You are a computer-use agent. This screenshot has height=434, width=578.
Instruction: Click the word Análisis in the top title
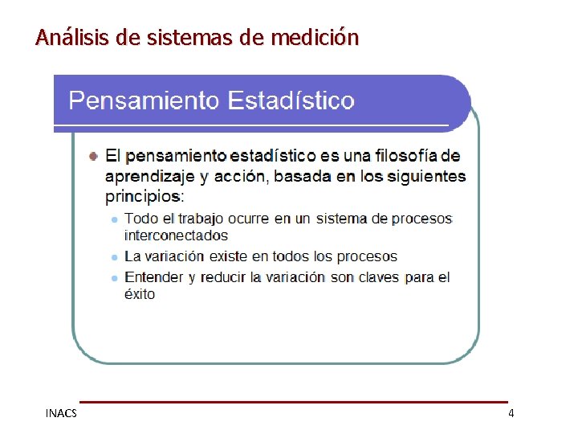pos(65,37)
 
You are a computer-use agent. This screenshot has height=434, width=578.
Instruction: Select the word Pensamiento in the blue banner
pos(144,100)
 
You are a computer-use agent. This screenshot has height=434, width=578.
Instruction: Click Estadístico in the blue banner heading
pos(291,100)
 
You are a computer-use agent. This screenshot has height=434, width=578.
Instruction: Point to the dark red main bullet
pos(94,154)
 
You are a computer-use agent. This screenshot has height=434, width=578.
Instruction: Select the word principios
pos(143,196)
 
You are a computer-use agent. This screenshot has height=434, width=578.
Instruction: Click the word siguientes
pos(424,176)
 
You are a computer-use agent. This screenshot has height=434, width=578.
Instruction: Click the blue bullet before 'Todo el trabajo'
pos(116,219)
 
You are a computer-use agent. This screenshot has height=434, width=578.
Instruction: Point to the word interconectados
pos(176,235)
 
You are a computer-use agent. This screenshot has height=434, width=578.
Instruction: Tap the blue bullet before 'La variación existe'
pos(116,257)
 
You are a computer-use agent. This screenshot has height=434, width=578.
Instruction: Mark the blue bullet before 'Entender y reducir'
pos(116,277)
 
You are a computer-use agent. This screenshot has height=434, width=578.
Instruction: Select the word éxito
pos(140,294)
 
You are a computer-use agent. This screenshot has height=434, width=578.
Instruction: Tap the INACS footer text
pos(61,413)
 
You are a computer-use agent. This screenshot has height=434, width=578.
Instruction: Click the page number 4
pos(511,413)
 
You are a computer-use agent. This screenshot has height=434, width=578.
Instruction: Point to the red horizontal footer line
pos(293,402)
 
